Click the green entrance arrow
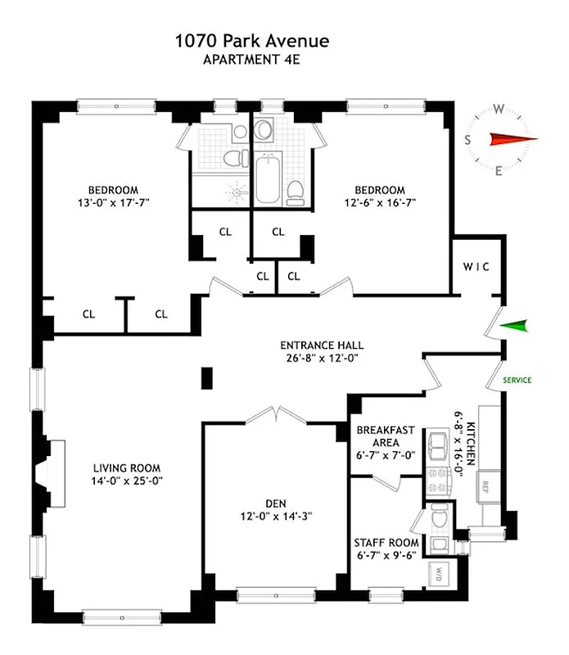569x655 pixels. coord(513,327)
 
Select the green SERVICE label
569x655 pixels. coord(517,380)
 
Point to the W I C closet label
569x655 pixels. coord(476,268)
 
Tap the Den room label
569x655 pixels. coord(275,504)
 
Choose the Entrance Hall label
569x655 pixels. coord(322,346)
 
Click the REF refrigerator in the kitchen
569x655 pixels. coord(485,486)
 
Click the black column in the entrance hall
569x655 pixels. coord(207,378)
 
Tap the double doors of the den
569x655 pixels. coord(276,414)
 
